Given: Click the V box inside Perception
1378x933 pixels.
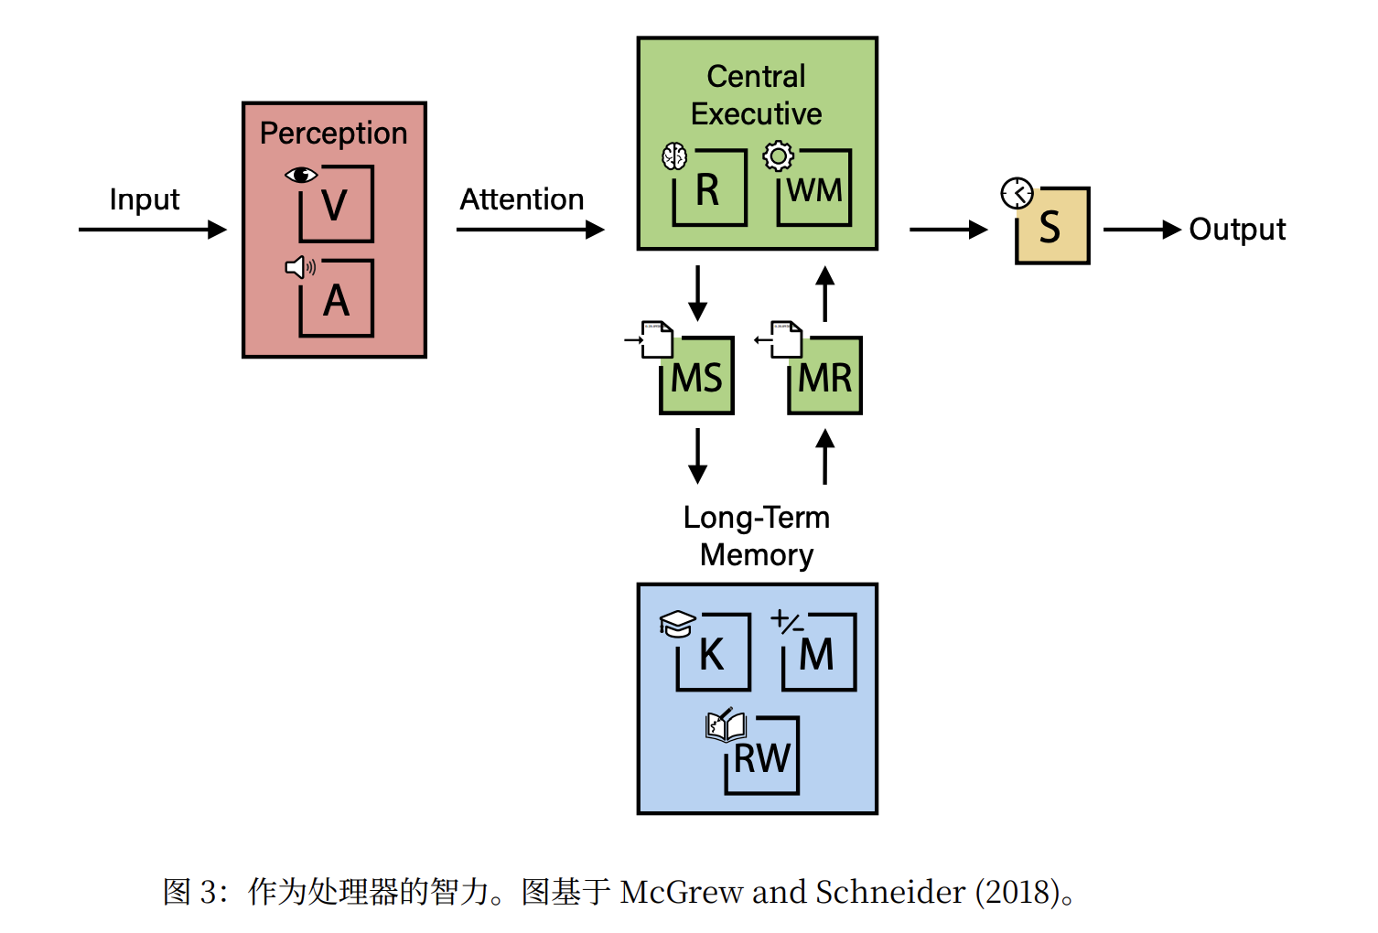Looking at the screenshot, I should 336,204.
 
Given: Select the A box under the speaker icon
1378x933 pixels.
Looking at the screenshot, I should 336,299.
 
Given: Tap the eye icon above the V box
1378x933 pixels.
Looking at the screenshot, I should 300,175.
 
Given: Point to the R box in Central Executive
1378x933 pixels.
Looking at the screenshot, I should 709,189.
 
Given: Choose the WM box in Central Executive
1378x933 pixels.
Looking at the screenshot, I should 814,189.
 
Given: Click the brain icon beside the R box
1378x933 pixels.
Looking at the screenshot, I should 674,156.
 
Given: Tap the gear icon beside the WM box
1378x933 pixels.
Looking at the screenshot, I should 779,156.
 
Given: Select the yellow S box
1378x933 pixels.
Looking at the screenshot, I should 1052,227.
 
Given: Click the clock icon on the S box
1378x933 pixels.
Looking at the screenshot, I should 1017,193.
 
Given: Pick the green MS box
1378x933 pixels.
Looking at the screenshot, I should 696,377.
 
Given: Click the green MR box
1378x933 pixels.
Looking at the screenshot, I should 824,377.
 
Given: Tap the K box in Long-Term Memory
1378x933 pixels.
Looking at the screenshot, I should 713,653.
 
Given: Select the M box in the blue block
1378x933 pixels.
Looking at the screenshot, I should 818,653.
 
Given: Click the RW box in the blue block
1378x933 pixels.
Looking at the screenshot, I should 761,756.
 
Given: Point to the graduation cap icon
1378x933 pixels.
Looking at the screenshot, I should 677,624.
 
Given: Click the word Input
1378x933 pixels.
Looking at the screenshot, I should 144,199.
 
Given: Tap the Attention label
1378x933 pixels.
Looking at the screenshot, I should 522,199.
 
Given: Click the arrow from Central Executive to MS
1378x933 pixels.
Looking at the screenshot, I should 697,293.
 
